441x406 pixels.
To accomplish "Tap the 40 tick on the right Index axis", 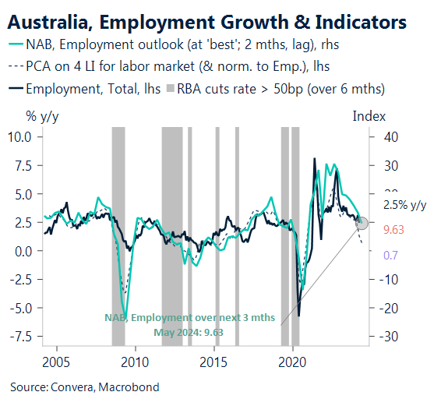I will [x=390, y=136].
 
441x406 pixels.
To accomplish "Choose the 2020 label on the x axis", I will [x=292, y=362].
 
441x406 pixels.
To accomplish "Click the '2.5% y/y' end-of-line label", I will [x=406, y=205].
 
